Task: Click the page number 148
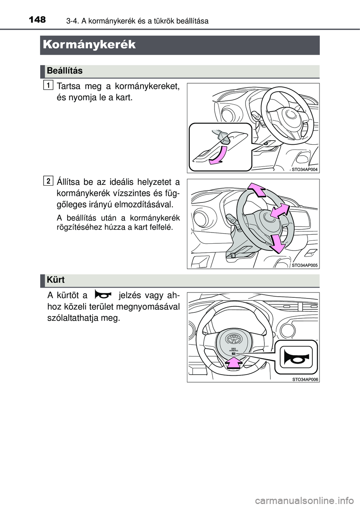pos(37,20)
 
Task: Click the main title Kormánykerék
pos(89,45)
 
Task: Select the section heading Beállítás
pos(65,71)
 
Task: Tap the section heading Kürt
pos(55,280)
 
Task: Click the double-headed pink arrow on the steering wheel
pos(280,211)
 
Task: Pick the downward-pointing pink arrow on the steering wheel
pos(277,244)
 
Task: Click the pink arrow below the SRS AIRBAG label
pos(234,363)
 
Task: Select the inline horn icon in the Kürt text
pos(103,296)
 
